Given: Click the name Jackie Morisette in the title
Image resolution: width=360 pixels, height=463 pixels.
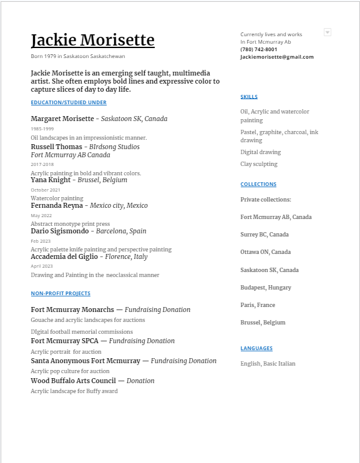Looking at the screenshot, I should coord(92,41).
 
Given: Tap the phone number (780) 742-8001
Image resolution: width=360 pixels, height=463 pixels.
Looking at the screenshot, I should coord(259,49).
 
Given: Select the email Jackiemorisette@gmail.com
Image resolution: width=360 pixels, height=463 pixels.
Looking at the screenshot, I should coord(277,57).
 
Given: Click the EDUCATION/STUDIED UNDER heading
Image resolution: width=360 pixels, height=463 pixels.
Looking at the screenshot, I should coord(69,102).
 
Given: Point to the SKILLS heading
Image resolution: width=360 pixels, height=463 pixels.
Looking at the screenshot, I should coord(249,97).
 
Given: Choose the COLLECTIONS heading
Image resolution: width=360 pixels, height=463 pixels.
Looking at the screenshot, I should coord(258,184).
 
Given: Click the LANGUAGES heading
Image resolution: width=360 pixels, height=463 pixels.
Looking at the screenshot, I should coord(256,348).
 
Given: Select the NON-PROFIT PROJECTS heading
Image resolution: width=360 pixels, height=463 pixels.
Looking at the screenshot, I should coord(61,293).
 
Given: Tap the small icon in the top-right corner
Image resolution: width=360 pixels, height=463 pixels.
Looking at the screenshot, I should coord(328,32).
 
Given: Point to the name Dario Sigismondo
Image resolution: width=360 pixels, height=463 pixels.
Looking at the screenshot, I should coord(60,231).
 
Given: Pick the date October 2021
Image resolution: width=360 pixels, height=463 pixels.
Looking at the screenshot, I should coord(46,190).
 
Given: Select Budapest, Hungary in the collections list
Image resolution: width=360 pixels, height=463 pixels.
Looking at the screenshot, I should coord(266,288).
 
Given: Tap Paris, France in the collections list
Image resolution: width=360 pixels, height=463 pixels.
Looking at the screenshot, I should coord(258,305).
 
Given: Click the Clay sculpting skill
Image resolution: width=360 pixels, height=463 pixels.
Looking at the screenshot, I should coord(259,164).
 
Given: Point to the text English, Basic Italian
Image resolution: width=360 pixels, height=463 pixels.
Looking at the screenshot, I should coord(268,363).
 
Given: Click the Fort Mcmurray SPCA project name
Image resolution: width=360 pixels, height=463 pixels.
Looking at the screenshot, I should coord(68,341).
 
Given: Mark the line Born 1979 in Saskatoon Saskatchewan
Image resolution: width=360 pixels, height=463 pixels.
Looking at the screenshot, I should coord(78,56).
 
